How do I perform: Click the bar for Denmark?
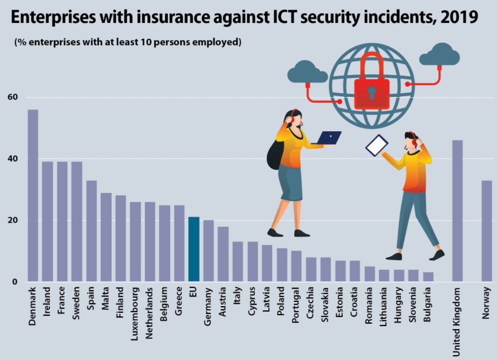coord(33,196)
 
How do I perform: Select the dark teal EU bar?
coord(194,249)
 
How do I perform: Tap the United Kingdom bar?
coord(457,211)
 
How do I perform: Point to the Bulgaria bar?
coord(428,277)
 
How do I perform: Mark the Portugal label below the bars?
coord(296,306)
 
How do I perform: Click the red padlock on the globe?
coord(372,86)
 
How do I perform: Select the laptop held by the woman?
coord(327,138)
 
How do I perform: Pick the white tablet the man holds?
coord(377,145)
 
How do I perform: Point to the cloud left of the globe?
coord(307,72)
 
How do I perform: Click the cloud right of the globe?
coord(439,55)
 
